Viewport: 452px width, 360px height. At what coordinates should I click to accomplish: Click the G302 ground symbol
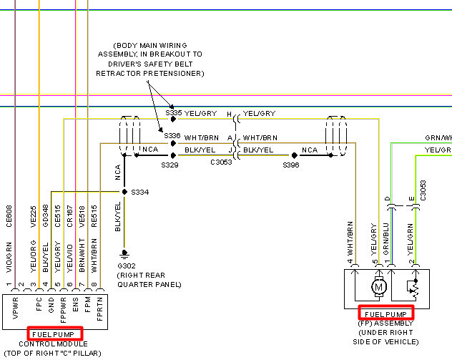tap(124, 254)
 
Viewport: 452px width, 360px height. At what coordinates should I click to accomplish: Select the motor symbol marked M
tap(379, 287)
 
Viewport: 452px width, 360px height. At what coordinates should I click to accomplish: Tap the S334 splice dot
tap(124, 192)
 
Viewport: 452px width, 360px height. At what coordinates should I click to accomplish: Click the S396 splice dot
tap(295, 155)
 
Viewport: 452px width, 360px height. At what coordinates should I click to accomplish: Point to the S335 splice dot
tap(173, 119)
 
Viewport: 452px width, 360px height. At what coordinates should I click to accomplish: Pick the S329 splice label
tap(169, 165)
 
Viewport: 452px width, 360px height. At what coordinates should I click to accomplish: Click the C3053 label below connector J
tap(221, 162)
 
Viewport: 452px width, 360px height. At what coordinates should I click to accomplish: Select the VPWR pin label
tap(16, 308)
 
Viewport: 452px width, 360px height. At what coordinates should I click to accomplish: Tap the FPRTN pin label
tap(99, 309)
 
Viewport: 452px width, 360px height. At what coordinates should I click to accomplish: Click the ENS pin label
tap(76, 305)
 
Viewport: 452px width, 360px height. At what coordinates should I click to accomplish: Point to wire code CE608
tap(9, 216)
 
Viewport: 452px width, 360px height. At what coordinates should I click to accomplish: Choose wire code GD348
tap(46, 216)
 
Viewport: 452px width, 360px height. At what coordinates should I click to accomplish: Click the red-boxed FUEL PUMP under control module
tap(54, 335)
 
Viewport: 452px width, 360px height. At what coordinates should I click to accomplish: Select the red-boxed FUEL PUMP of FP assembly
tap(385, 314)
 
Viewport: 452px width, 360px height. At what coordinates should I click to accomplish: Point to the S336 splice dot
tap(173, 143)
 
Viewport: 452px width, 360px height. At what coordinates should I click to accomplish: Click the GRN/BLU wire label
tap(386, 239)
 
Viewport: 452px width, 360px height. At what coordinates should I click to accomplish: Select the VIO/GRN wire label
tap(9, 258)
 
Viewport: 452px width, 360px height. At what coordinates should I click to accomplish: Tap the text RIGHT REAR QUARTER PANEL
tap(149, 280)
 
